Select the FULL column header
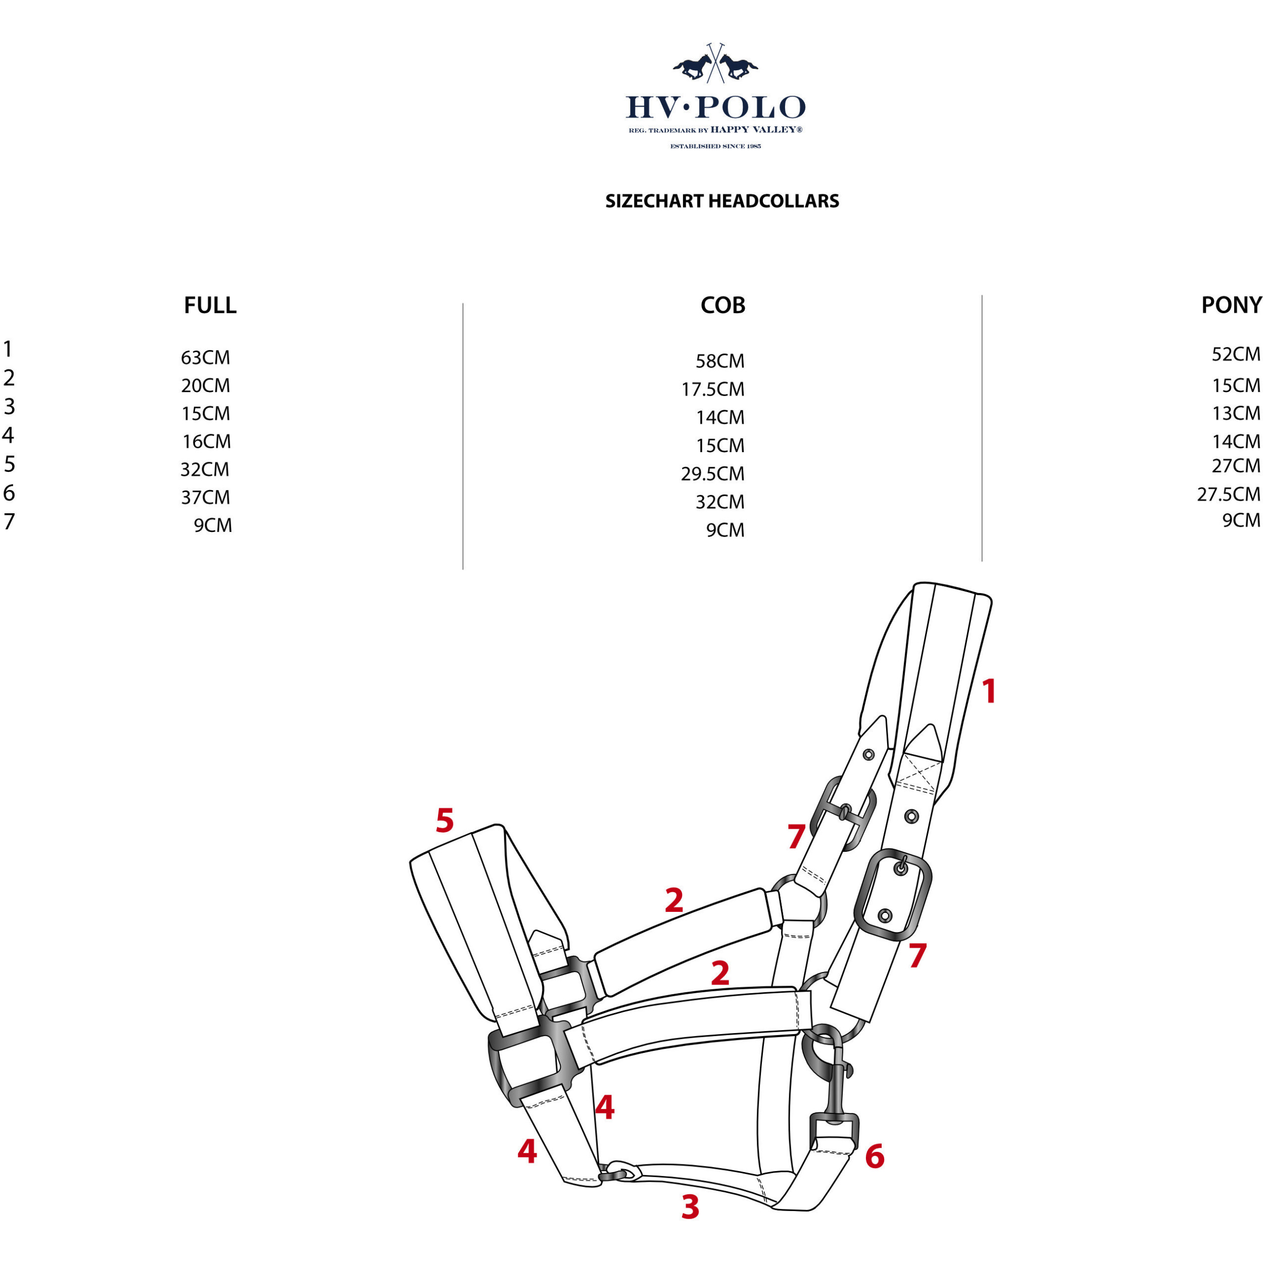tap(210, 305)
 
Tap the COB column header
tap(722, 305)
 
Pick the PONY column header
tap(1231, 305)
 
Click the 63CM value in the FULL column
tap(205, 358)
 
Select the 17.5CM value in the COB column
tap(712, 390)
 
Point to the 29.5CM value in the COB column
tap(712, 474)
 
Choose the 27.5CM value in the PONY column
tap(1228, 494)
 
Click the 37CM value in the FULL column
tap(205, 498)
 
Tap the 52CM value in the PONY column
tap(1236, 354)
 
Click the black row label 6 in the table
tap(9, 493)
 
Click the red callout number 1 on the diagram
tap(989, 692)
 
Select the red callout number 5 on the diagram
tap(445, 820)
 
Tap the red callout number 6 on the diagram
tap(875, 1156)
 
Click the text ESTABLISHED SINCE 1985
tap(715, 147)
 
